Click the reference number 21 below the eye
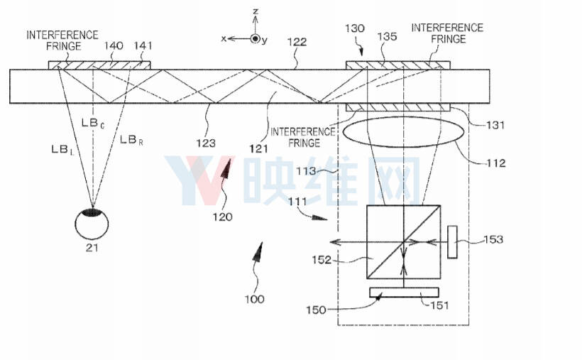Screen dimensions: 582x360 pyautogui.click(x=92, y=247)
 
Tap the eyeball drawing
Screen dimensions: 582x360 pyautogui.click(x=92, y=224)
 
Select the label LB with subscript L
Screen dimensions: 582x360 pyautogui.click(x=62, y=150)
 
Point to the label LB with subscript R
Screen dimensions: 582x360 pyautogui.click(x=131, y=140)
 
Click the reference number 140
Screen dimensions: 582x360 pyautogui.click(x=114, y=45)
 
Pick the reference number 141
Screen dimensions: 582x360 pyautogui.click(x=143, y=45)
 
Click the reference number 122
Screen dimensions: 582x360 pyautogui.click(x=297, y=42)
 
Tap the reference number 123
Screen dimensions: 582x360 pyautogui.click(x=206, y=143)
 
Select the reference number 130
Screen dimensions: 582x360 pyautogui.click(x=355, y=28)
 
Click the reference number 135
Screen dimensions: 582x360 pyautogui.click(x=387, y=36)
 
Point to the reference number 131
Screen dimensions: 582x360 pyautogui.click(x=495, y=125)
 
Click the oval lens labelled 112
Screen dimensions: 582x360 pyautogui.click(x=403, y=132)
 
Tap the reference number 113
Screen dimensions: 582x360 pyautogui.click(x=306, y=171)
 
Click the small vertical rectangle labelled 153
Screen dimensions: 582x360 pyautogui.click(x=452, y=242)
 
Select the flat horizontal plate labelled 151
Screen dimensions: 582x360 pyautogui.click(x=405, y=293)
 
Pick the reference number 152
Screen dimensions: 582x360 pyautogui.click(x=322, y=260)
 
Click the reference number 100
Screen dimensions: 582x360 pyautogui.click(x=255, y=299)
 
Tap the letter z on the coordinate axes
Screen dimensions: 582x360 pyautogui.click(x=256, y=11)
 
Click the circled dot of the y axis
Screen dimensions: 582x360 pyautogui.click(x=255, y=38)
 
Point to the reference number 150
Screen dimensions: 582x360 pyautogui.click(x=316, y=310)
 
